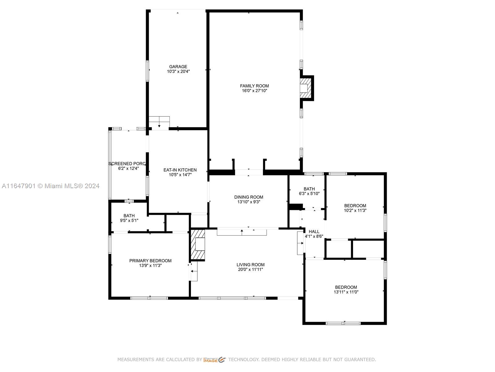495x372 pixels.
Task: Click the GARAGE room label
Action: [178, 67]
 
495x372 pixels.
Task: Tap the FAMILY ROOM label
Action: [254, 86]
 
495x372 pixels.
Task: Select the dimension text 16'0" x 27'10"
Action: [254, 91]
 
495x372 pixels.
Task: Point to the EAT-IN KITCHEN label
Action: [180, 170]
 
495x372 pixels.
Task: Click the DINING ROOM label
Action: [248, 197]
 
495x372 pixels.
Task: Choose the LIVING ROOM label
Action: [250, 265]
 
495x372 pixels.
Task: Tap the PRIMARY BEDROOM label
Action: [150, 261]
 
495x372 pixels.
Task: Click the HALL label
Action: [314, 232]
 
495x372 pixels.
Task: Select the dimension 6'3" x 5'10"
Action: [309, 193]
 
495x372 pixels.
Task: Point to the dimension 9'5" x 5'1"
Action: [129, 220]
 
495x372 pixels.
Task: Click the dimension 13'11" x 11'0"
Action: [346, 292]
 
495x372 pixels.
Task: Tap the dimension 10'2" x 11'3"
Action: [355, 210]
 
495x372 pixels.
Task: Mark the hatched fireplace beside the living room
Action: [198, 244]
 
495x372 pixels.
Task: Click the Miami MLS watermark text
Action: [50, 186]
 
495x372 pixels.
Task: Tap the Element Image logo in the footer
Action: [214, 360]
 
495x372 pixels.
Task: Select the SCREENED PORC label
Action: [127, 164]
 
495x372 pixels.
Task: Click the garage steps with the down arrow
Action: [159, 122]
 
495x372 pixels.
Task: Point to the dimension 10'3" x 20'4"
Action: [178, 71]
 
